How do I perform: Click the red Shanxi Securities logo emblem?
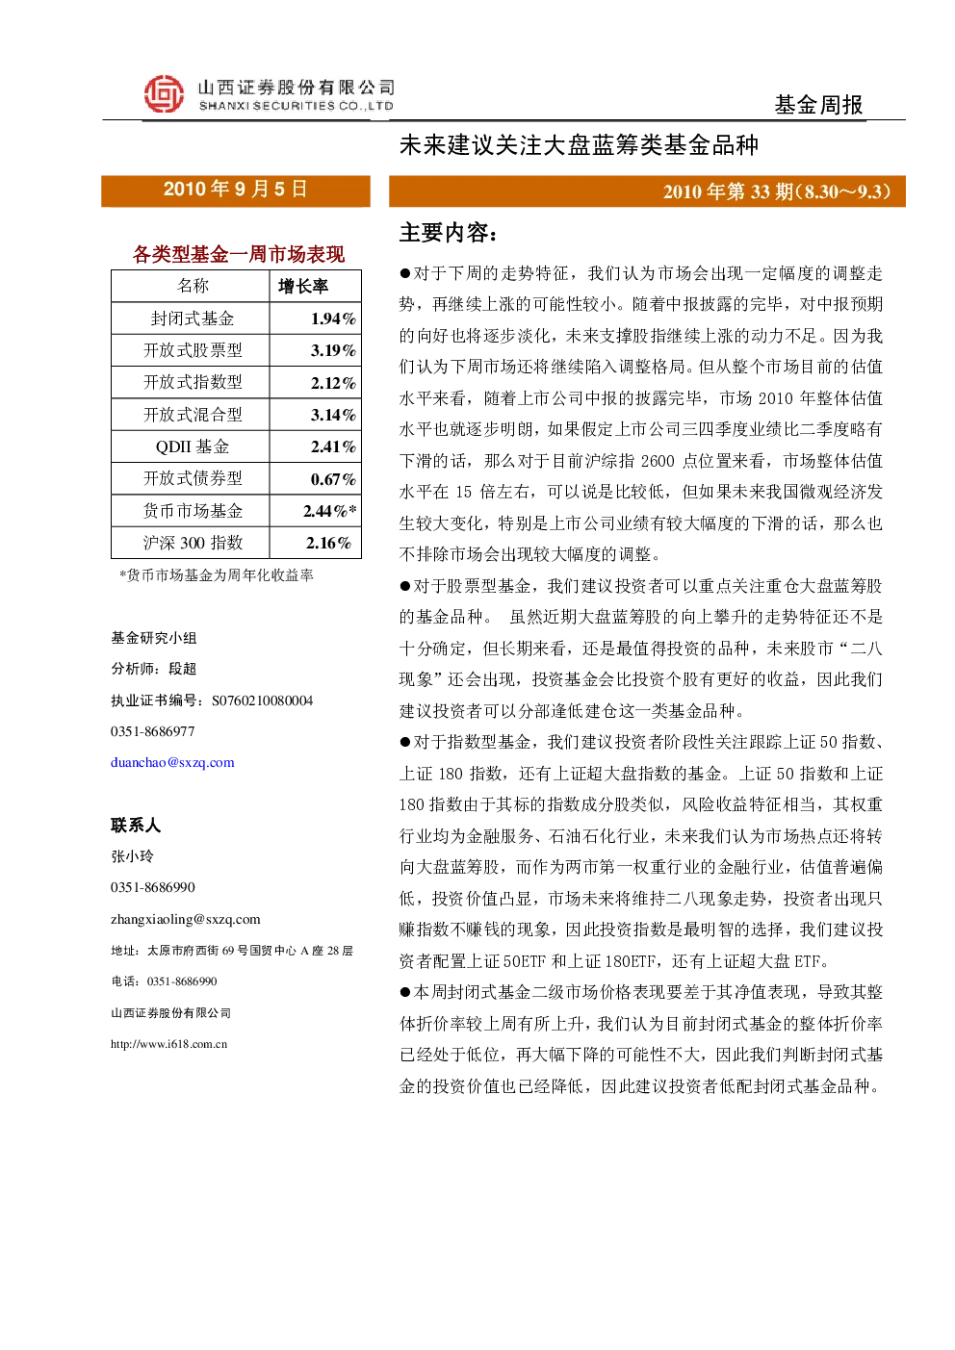(164, 94)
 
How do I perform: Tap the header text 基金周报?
(818, 105)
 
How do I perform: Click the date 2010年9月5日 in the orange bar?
(235, 190)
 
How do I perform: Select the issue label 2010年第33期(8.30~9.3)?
(777, 191)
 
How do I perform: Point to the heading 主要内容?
(448, 233)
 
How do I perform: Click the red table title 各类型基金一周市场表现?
(238, 254)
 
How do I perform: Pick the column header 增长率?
(303, 286)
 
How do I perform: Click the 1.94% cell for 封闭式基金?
(333, 318)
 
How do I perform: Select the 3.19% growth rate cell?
(333, 350)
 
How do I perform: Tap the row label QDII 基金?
(193, 446)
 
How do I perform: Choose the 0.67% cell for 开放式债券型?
(333, 479)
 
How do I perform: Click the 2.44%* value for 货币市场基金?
(330, 511)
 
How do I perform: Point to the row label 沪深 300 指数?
(193, 543)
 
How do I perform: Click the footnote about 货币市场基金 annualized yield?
(217, 575)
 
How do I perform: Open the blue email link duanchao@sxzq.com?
(172, 762)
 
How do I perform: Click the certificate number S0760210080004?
(262, 700)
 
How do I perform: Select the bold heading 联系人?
(136, 825)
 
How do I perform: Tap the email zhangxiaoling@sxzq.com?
(186, 919)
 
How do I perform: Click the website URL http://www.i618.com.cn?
(168, 1044)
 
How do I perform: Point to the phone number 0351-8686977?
(152, 731)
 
